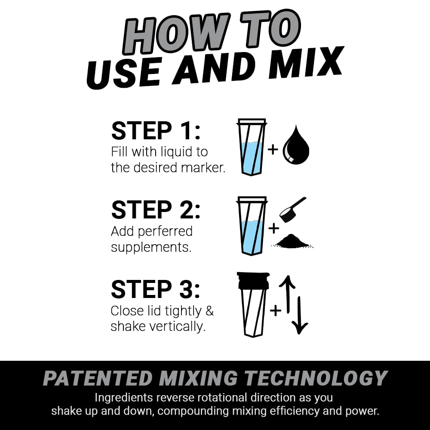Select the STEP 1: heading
pos(156,131)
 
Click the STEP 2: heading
pos(156,210)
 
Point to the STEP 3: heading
pos(156,289)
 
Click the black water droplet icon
pos(296,145)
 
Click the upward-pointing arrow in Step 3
pos(288,295)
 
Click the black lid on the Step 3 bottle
pos(253,280)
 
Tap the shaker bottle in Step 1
pos(252,147)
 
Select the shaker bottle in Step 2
pos(252,226)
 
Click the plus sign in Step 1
pos(273,150)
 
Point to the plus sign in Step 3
pos(275,310)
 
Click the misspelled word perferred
pos(166,231)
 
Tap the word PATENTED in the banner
pos(98,378)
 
